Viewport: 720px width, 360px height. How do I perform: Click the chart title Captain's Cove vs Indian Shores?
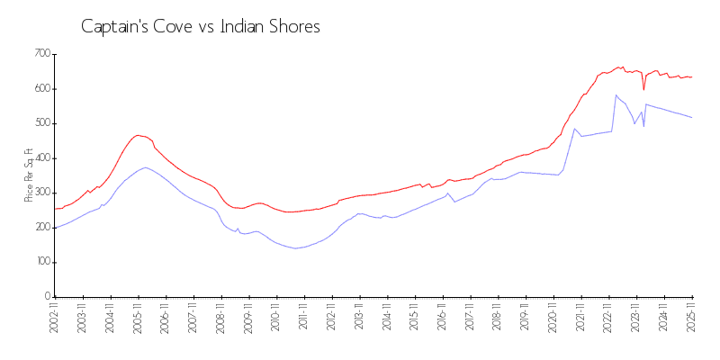[200, 27]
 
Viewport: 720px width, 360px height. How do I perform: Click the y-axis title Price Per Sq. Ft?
[29, 175]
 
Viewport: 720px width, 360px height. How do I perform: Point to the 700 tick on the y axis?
[41, 54]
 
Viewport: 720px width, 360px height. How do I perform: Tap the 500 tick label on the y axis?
[41, 123]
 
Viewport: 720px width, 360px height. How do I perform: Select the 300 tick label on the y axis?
[41, 193]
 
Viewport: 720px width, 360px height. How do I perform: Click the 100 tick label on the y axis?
[41, 262]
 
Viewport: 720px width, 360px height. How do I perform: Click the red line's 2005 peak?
[138, 135]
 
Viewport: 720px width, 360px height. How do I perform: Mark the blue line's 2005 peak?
[145, 167]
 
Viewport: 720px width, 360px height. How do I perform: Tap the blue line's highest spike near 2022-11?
[616, 95]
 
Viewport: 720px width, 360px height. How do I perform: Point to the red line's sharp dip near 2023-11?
[643, 89]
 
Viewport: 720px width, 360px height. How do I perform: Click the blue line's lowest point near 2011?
[294, 248]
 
